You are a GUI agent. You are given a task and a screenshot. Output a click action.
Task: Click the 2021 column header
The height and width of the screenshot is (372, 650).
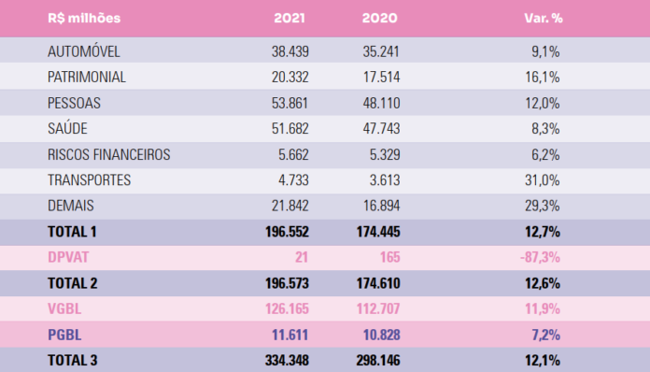pos(290,18)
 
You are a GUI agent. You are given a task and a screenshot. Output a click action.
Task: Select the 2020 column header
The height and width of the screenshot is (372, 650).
pos(376,18)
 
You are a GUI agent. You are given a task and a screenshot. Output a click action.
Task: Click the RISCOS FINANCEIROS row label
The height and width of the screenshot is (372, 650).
pos(107,154)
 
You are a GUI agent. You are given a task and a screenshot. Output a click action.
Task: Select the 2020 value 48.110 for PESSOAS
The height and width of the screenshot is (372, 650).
pos(376,103)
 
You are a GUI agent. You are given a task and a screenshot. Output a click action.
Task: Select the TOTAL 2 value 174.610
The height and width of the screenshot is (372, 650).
pos(372,283)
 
